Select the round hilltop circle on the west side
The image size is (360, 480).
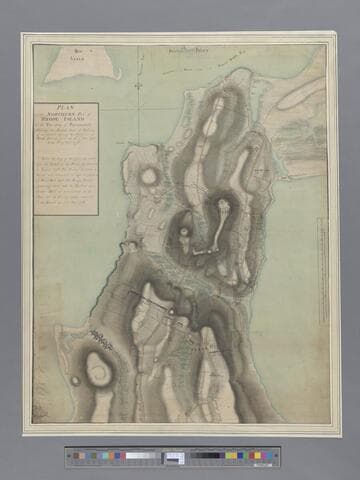(150, 177)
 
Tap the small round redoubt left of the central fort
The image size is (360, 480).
(186, 233)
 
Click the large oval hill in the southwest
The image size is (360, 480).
(100, 372)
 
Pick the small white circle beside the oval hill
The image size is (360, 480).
(76, 380)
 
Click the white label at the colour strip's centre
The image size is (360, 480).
(175, 458)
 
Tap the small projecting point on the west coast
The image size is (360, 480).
(131, 244)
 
